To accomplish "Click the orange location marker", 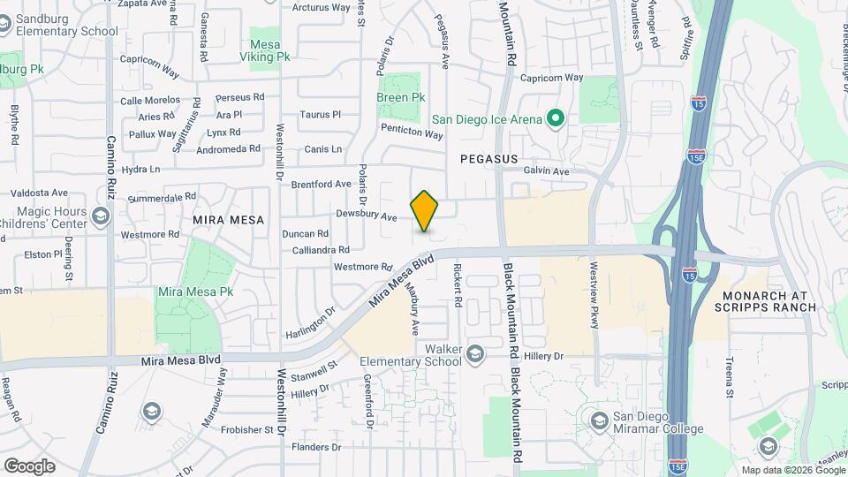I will [425, 211].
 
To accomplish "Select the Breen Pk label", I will [401, 97].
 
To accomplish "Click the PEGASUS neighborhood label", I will [488, 158].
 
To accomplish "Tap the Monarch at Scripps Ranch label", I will [768, 300].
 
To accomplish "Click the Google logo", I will [28, 466].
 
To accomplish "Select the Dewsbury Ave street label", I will [367, 215].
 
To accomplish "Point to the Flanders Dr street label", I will [316, 447].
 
